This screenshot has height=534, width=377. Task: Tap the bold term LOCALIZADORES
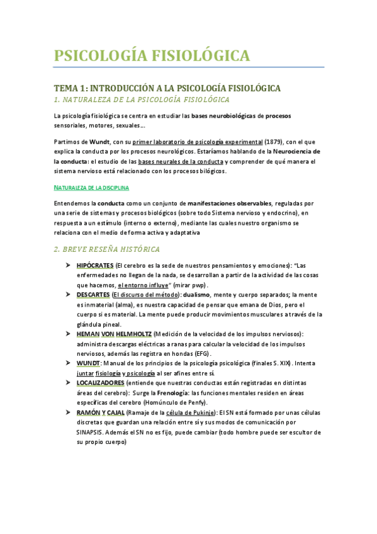pyautogui.click(x=99, y=382)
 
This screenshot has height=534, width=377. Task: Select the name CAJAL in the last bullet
pyautogui.click(x=112, y=412)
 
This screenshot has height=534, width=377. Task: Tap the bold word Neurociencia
pyautogui.click(x=295, y=152)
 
